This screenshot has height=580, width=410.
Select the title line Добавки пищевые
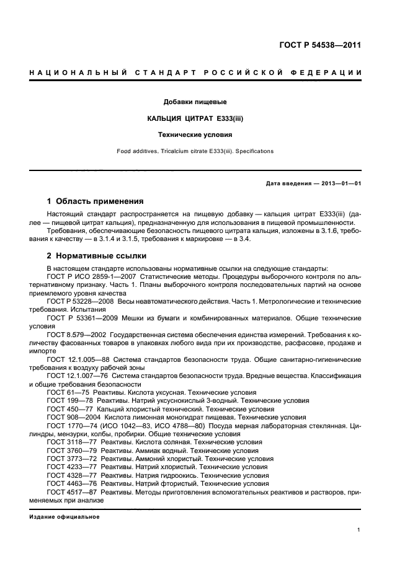194,101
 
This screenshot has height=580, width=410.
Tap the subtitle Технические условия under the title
194,133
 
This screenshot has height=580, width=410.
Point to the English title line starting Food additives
194,151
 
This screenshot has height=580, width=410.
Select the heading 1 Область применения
96,201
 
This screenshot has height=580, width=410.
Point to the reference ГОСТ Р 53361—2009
79,317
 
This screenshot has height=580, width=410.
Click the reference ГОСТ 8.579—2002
75,333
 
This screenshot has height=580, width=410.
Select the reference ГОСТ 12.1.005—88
77,359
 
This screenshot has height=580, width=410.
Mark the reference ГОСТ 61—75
67,392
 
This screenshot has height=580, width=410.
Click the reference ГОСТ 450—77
69,409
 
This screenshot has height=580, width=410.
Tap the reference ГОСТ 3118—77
71,442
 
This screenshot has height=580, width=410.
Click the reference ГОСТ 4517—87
71,491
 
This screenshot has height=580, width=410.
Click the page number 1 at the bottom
360,530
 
